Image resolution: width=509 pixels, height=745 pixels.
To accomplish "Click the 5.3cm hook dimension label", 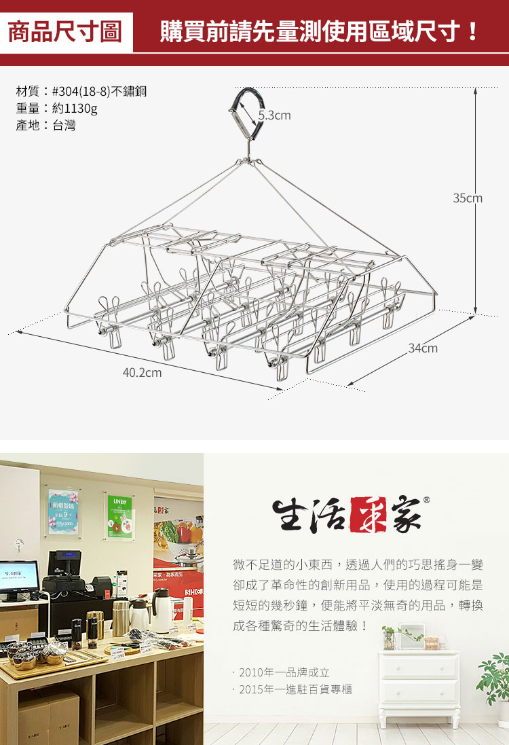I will coord(274,115).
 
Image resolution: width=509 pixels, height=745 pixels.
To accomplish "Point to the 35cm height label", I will coord(468,198).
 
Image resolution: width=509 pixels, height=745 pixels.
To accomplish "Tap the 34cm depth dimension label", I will coord(423,348).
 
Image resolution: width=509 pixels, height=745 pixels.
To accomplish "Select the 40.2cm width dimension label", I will coord(142,372).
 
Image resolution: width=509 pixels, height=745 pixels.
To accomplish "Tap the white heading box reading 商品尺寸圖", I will coord(64,32).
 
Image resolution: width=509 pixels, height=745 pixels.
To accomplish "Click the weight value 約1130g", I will coord(75,108).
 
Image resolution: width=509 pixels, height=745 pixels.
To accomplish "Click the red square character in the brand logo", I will coord(368,515).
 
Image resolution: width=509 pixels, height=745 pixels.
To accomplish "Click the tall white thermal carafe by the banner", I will coord(162,611).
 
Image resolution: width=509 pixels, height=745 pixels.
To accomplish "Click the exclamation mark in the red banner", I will coord(473,32).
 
